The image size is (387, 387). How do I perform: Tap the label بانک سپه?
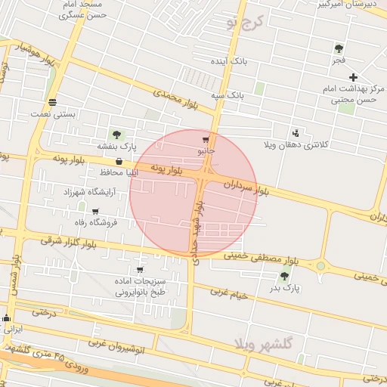(x=227, y=95)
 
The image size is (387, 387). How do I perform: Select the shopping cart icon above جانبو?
(x=206, y=140)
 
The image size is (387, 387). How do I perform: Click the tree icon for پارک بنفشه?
(x=116, y=135)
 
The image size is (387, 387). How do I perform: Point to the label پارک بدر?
(x=284, y=288)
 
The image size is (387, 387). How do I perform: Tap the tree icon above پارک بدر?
(x=284, y=276)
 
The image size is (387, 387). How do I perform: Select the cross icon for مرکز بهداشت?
(x=353, y=77)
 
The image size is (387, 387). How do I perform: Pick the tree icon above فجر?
(x=339, y=48)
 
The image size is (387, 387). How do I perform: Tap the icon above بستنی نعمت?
(x=52, y=102)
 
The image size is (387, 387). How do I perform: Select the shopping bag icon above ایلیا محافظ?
(x=119, y=161)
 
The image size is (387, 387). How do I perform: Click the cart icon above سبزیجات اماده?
(x=140, y=270)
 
